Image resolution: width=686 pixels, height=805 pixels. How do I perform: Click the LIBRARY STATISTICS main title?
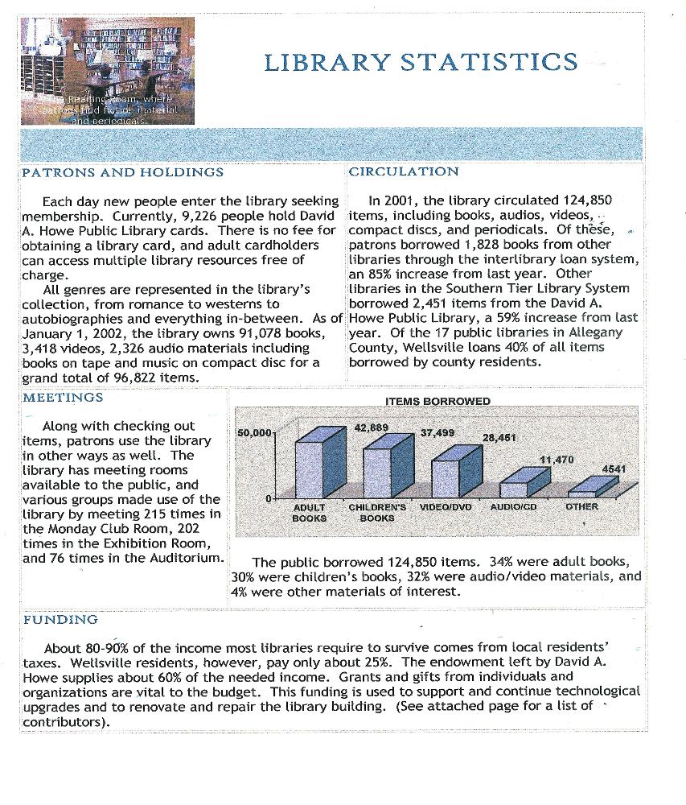420,62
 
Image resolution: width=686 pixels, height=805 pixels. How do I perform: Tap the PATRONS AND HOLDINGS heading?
122,172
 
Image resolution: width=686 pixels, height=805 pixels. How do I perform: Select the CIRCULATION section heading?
404,171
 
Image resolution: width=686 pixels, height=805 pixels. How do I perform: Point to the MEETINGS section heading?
63,398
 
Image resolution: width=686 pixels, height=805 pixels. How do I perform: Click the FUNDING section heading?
60,620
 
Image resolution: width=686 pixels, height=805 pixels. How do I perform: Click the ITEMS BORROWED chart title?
437,401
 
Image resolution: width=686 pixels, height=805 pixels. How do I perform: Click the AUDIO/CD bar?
513,489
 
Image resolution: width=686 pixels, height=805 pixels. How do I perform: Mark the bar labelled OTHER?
581,493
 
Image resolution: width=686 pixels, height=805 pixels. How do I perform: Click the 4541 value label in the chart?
614,469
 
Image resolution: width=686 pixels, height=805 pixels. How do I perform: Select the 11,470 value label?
556,460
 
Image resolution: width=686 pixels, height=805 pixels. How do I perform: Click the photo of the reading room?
107,71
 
